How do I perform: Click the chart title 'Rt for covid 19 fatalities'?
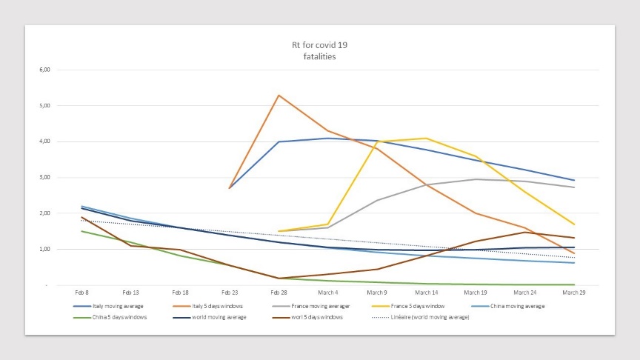(319, 50)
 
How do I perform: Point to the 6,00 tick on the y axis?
(45, 70)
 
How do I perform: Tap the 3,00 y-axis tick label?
(45, 177)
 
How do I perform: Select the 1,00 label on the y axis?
(45, 249)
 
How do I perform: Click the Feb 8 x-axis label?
(81, 293)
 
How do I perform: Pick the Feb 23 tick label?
(230, 293)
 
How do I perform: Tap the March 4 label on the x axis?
(327, 293)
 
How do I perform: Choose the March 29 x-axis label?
(574, 293)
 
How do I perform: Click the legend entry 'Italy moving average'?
(109, 306)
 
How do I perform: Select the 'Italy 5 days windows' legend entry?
(207, 306)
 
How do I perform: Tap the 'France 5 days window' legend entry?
(408, 306)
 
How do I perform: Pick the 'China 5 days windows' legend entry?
(110, 317)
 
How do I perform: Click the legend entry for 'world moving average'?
(210, 317)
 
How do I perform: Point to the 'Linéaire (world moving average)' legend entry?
(421, 317)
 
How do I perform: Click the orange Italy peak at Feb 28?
(279, 96)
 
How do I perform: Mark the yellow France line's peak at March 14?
(427, 139)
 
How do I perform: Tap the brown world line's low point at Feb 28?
(279, 279)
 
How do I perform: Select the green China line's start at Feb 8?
(82, 231)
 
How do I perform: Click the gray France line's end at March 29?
(574, 187)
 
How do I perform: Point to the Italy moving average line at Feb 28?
(279, 141)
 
